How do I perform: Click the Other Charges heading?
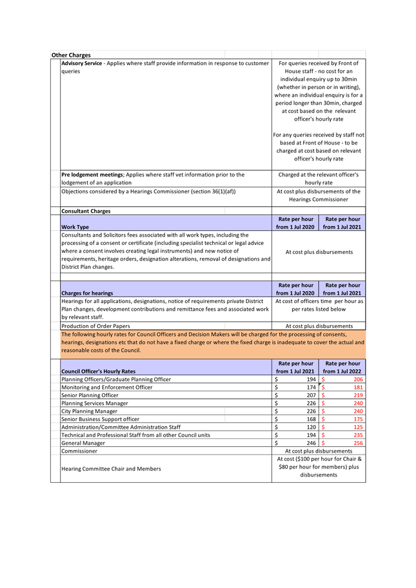pos(71,55)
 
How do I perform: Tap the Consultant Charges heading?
pos(85,211)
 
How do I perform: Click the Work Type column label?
pos(75,227)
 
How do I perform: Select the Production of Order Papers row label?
pos(95,326)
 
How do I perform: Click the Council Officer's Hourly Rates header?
pos(98,371)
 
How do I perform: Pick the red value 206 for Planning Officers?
pos(358,380)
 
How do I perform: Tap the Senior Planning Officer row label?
pos(90,395)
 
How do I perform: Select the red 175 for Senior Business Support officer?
pos(359,419)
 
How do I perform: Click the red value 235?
pos(359,435)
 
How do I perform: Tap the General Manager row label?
pos(83,443)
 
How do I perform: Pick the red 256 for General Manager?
pos(359,443)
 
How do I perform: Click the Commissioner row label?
pos(79,451)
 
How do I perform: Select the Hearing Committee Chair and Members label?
pos(111,469)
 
